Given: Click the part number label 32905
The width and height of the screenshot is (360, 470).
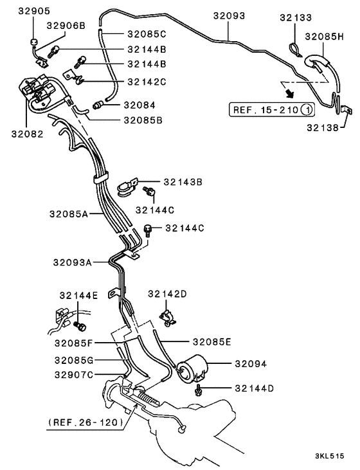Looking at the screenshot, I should [x=33, y=11].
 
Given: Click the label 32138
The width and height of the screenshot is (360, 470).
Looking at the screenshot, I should [x=321, y=128].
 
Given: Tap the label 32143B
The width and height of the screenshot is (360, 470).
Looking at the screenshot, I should [x=183, y=183].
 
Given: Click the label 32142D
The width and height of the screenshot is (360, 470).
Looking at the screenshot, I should [x=167, y=294].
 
